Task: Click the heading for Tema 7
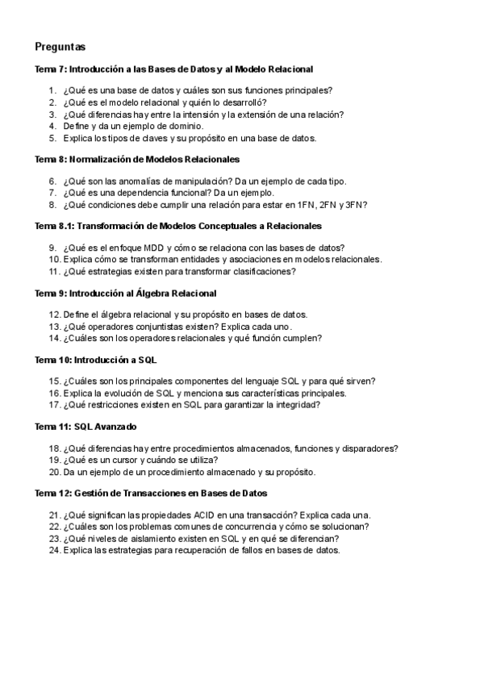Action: [x=173, y=69]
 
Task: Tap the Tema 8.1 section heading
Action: [x=178, y=226]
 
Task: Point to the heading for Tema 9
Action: [x=125, y=293]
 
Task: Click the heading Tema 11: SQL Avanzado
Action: [x=86, y=426]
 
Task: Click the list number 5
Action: [x=52, y=138]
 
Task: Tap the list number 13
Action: [x=54, y=327]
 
